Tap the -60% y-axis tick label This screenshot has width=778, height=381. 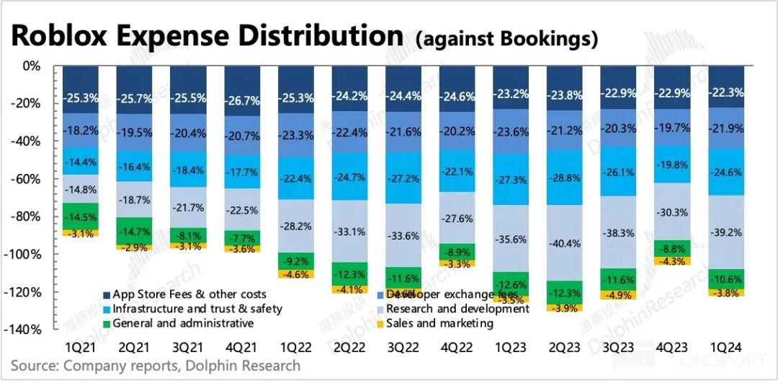pyautogui.click(x=26, y=179)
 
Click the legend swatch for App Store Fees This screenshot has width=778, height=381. pyautogui.click(x=107, y=294)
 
